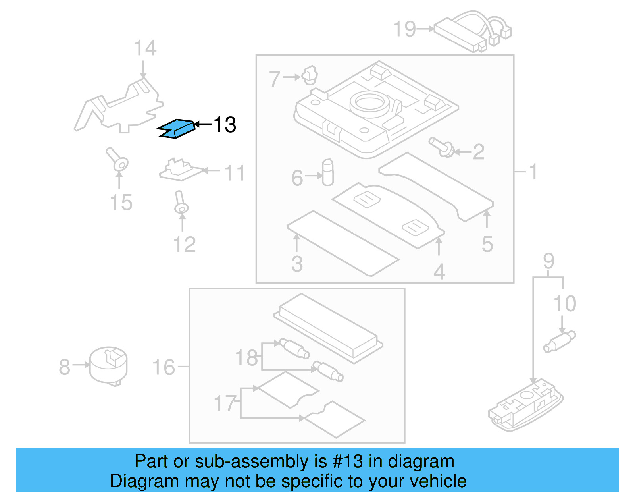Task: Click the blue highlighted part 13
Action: (x=177, y=129)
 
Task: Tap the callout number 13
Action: (x=225, y=125)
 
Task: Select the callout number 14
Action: (x=145, y=48)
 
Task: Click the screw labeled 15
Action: (x=117, y=160)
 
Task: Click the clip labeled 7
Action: (x=310, y=75)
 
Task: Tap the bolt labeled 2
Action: (x=442, y=147)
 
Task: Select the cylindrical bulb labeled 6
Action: (x=328, y=173)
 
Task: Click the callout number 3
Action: (x=297, y=264)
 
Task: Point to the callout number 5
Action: (x=487, y=244)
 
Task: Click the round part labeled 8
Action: (x=108, y=366)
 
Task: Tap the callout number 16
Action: (x=164, y=367)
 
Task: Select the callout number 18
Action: (x=246, y=358)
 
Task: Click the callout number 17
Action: (x=225, y=403)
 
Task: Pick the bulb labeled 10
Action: (x=560, y=342)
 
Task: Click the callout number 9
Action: (x=548, y=261)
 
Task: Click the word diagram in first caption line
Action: (x=421, y=461)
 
